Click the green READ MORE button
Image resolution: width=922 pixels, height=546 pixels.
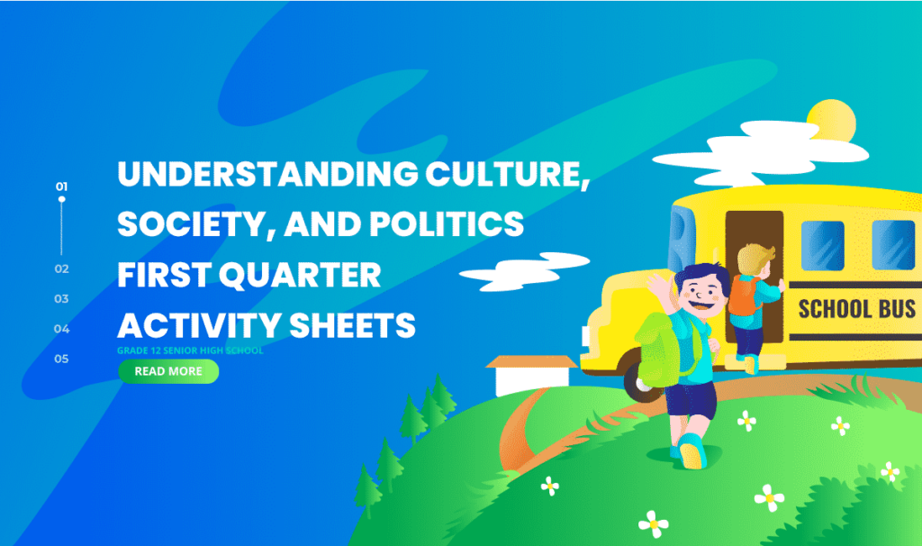tap(168, 371)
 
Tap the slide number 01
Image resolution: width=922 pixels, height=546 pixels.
tap(61, 187)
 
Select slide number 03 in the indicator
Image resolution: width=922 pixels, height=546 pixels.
tap(61, 298)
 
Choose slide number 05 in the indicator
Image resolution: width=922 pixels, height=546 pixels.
tap(61, 359)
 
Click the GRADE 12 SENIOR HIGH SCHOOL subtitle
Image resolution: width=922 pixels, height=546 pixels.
tap(190, 350)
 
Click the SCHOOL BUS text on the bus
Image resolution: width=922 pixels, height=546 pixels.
tap(856, 309)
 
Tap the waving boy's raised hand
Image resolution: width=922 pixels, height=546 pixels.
tap(656, 287)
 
